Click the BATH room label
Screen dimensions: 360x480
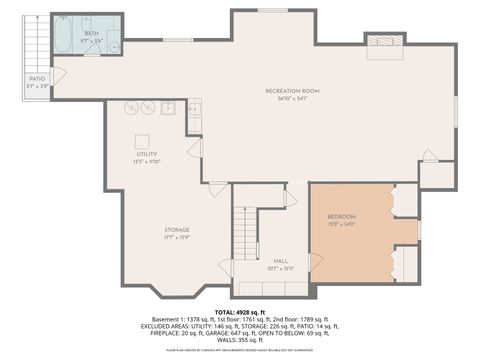pos(92,33)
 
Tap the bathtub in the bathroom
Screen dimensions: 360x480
pos(62,35)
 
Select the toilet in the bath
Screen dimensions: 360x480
pos(113,45)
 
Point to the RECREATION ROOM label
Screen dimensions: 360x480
pos(285,90)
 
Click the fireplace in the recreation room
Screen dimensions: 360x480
pos(383,45)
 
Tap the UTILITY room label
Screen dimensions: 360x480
pos(147,153)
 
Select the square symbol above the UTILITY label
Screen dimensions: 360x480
pos(142,141)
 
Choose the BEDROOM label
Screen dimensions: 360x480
pos(342,216)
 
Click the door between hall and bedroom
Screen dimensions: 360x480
pos(315,262)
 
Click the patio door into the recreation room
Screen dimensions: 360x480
pos(58,75)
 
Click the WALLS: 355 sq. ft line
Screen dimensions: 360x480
pos(240,340)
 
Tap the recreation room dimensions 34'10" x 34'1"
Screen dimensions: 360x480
pos(285,98)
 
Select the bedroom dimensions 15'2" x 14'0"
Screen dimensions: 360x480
pos(342,224)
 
